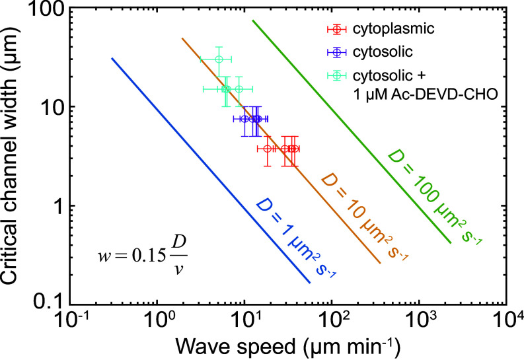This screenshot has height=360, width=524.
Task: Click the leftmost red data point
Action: [x=267, y=149]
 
